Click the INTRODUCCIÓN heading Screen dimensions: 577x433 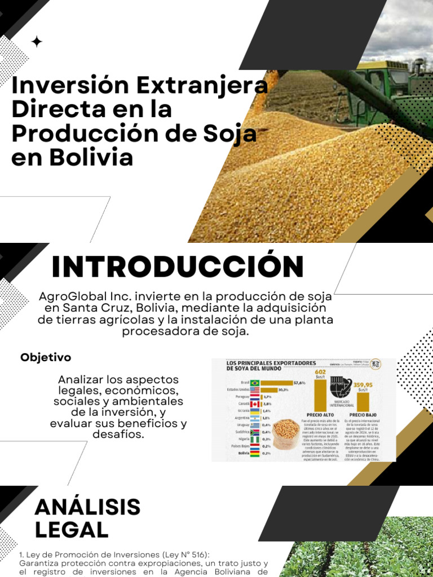pos(178,267)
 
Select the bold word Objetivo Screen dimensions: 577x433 pos(46,357)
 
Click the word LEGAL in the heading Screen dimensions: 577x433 pos(71,530)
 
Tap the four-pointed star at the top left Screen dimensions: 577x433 pos(37,42)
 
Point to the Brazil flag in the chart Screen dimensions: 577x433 pos(254,383)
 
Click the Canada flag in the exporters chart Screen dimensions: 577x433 pos(254,404)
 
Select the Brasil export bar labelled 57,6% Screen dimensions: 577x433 pos(276,383)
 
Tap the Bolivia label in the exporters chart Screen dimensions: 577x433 pos(244,453)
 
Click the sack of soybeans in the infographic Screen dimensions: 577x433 pos(286,434)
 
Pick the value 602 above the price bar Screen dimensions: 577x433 pos(321,372)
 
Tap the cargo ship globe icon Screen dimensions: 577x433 pos(342,389)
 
